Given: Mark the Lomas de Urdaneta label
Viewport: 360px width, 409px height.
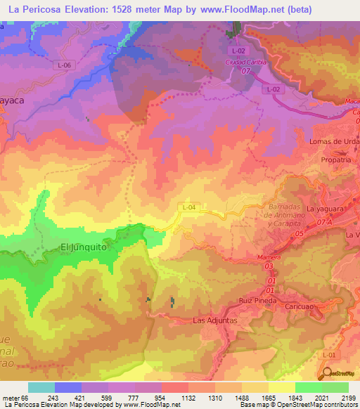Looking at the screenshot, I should coord(335,141).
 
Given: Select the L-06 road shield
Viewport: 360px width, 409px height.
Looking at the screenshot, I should coord(65,65).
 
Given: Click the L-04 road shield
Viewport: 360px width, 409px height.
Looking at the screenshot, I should coord(188,207).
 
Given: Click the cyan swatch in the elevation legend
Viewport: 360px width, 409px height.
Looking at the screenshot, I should coord(41,387).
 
